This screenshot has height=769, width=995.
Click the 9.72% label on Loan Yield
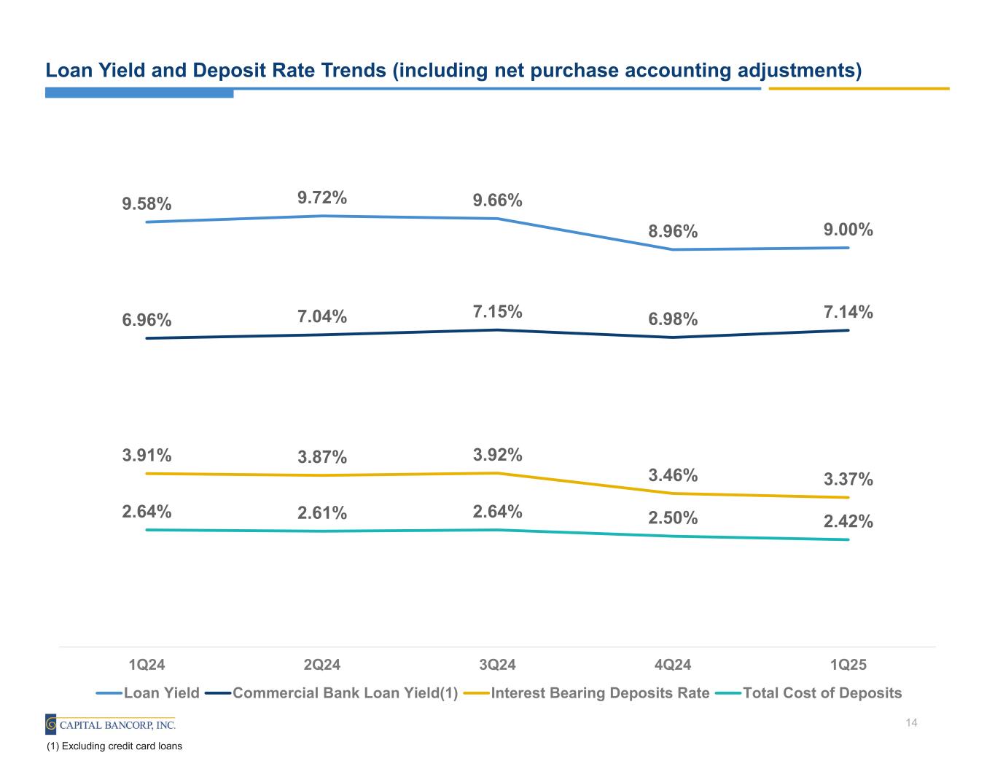(321, 198)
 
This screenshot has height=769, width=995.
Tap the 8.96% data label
(673, 232)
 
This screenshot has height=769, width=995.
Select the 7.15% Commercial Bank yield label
(497, 312)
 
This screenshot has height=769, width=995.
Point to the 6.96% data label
(147, 320)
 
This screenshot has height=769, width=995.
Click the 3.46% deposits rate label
(673, 475)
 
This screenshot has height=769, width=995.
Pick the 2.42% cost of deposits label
(848, 521)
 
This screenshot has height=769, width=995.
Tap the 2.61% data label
(321, 513)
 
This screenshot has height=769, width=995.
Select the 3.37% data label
(848, 479)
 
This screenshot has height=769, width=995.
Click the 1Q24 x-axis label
(147, 665)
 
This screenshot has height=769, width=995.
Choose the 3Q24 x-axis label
(497, 665)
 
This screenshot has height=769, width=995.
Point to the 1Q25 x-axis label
(848, 665)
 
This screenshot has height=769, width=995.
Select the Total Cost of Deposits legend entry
(822, 692)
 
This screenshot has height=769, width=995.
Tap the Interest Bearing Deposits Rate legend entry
(599, 692)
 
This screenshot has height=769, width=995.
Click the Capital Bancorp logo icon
(51, 725)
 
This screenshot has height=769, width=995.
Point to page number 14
(910, 723)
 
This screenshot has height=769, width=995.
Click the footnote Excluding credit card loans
(114, 746)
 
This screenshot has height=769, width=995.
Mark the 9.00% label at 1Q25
(848, 230)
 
